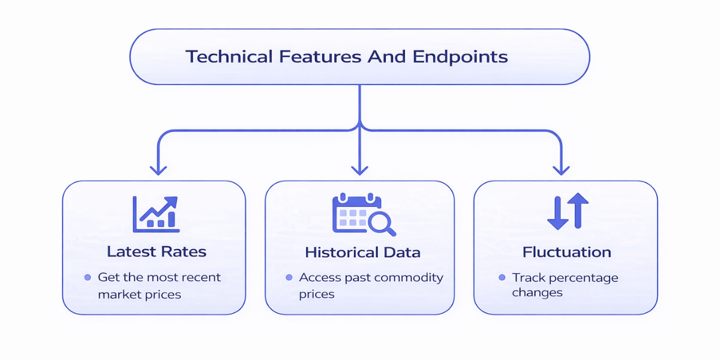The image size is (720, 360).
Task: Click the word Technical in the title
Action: pyautogui.click(x=229, y=57)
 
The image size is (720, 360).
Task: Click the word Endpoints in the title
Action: pyautogui.click(x=460, y=57)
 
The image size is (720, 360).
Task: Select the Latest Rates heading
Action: pyautogui.click(x=157, y=251)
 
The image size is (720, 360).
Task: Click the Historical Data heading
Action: pyautogui.click(x=362, y=252)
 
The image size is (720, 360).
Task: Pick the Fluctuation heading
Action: pyautogui.click(x=566, y=252)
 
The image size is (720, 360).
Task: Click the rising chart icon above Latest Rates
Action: pyautogui.click(x=155, y=214)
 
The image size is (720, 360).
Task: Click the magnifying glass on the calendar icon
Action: pyautogui.click(x=381, y=224)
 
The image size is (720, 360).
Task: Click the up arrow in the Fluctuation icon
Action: pyautogui.click(x=578, y=210)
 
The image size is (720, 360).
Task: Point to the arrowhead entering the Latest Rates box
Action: pyautogui.click(x=158, y=170)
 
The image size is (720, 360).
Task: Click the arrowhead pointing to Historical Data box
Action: pyautogui.click(x=359, y=170)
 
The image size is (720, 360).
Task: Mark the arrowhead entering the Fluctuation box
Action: pyautogui.click(x=561, y=170)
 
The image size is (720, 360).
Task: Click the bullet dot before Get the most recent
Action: pyautogui.click(x=87, y=278)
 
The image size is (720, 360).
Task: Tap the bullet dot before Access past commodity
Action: pyautogui.click(x=289, y=278)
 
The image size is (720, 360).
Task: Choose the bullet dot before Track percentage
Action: pyautogui.click(x=502, y=278)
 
